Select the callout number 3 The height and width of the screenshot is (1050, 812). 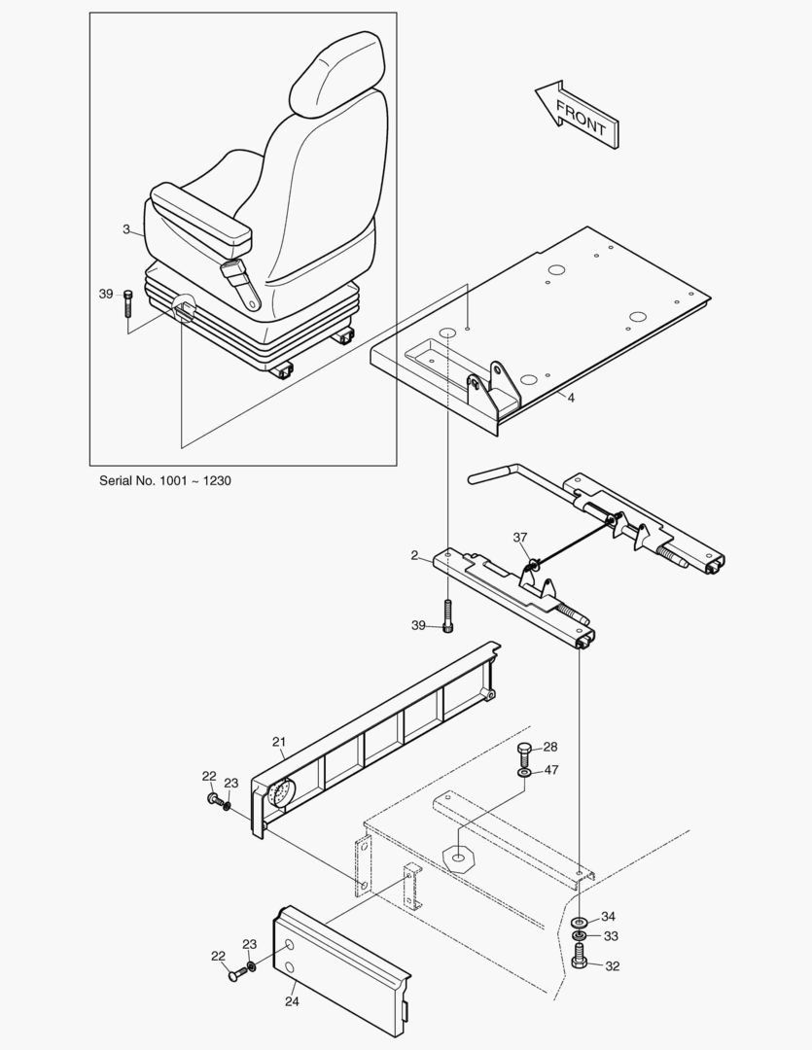click(x=126, y=229)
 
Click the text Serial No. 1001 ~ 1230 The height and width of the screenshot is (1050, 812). click(x=165, y=480)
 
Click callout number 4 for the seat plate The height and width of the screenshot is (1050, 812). click(x=571, y=397)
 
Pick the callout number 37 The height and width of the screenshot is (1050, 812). click(x=520, y=538)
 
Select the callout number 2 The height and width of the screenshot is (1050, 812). click(x=414, y=555)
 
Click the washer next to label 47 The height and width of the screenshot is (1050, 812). click(x=525, y=772)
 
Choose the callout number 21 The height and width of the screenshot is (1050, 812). click(x=278, y=742)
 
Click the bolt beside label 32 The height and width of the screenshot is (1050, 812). click(x=580, y=962)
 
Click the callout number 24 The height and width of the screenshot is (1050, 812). click(x=291, y=999)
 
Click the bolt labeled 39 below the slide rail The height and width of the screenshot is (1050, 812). click(x=447, y=615)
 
